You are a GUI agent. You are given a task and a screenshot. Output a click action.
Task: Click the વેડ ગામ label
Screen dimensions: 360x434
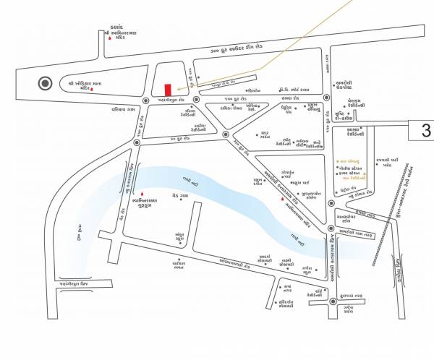180,195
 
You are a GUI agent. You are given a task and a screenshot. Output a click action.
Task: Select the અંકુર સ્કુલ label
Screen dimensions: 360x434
181,236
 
